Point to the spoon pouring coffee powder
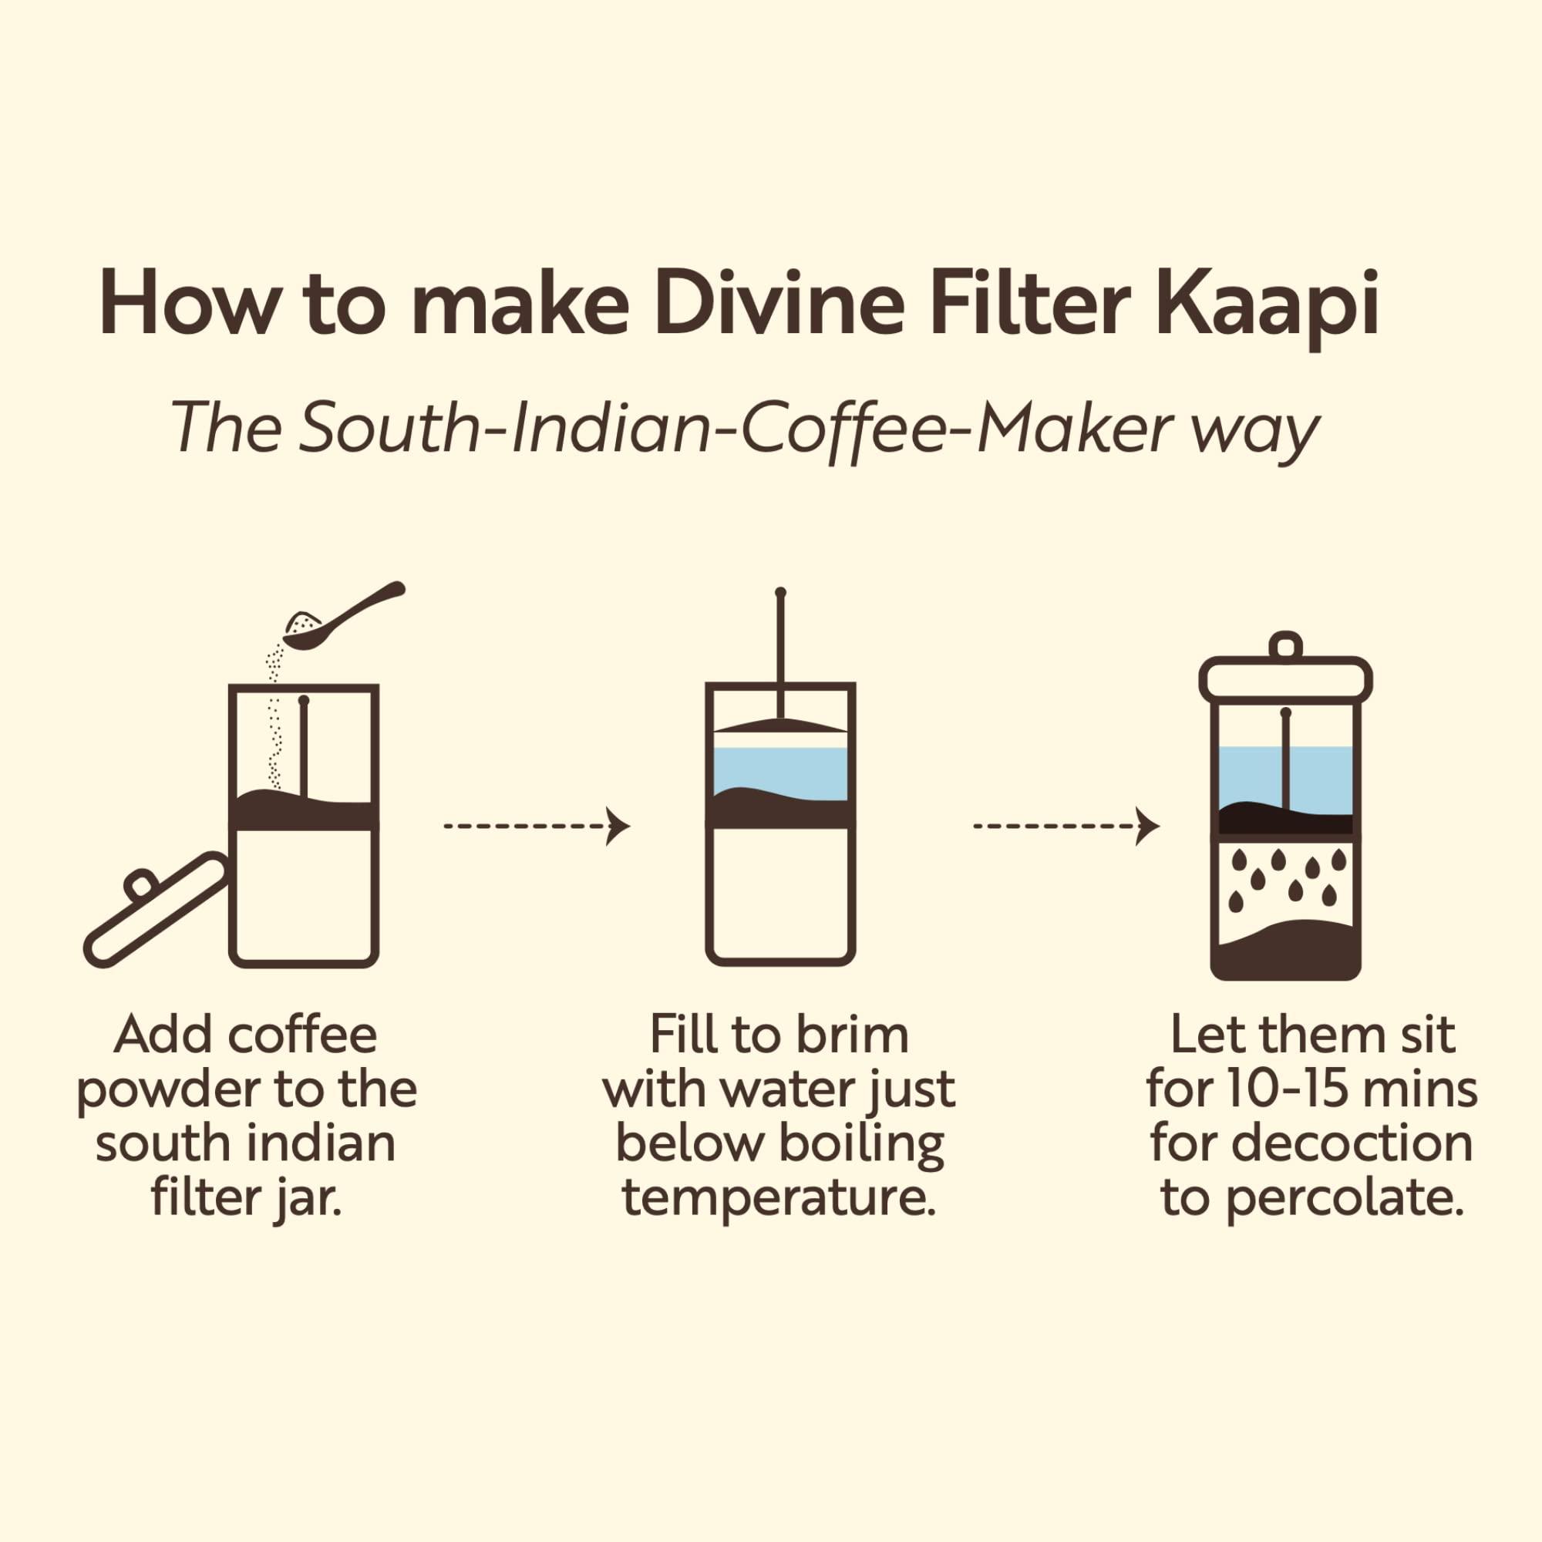coord(343,615)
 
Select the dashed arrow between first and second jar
coord(537,825)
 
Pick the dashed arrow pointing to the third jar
coord(1066,825)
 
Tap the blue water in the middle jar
coord(779,768)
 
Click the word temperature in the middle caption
coord(778,1200)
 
